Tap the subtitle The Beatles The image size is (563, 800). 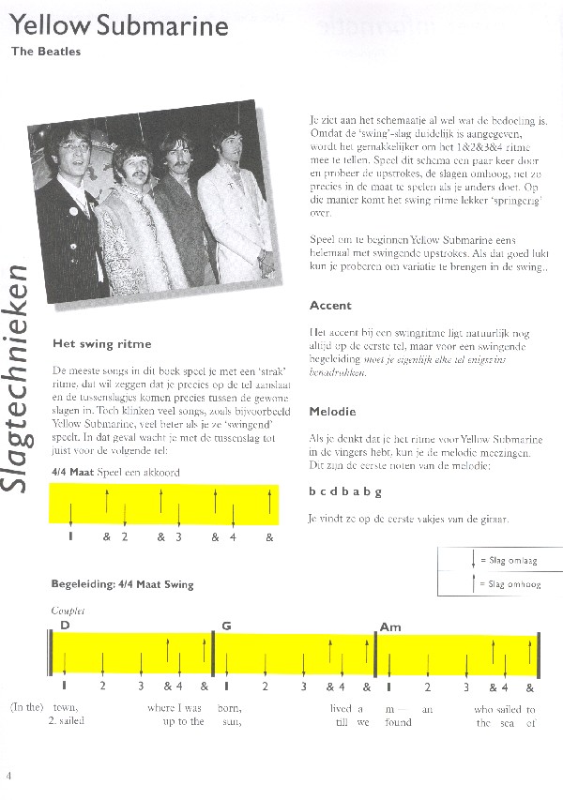pos(46,52)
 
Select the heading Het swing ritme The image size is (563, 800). pos(101,344)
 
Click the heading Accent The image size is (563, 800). pos(330,306)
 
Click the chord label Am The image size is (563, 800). pos(390,626)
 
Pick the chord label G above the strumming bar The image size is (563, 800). pos(226,626)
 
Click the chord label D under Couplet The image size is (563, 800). pos(65,626)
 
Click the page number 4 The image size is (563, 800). pos(8,775)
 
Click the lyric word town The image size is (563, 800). pos(66,709)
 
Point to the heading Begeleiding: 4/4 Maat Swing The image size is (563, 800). pos(122,585)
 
